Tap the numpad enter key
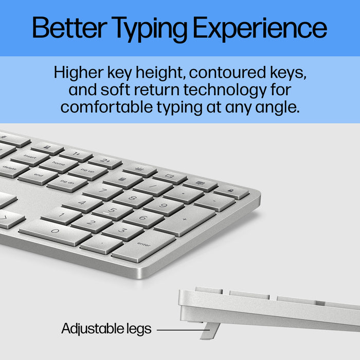coord(143,246)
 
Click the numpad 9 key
coord(164,206)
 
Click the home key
coord(59,164)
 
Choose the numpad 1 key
coord(61,215)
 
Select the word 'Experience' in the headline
coord(264,28)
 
